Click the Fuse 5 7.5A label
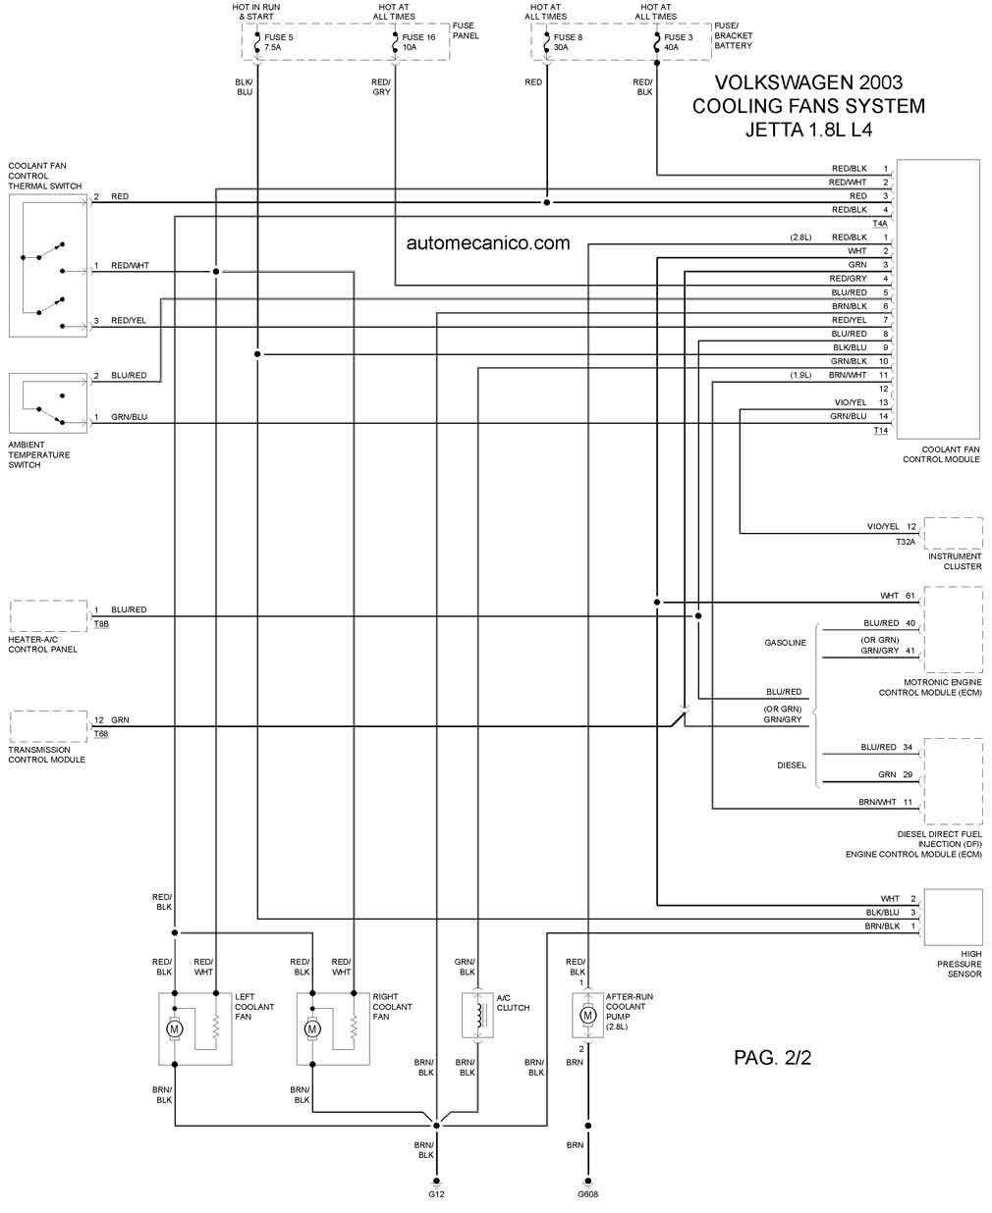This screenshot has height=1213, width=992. click(x=279, y=42)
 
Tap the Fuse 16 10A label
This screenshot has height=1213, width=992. click(x=418, y=42)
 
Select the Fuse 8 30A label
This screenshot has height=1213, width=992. click(x=568, y=42)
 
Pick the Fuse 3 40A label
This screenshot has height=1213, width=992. click(x=678, y=42)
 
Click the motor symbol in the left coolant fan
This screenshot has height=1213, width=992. click(x=175, y=1028)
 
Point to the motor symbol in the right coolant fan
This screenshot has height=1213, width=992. click(x=312, y=1028)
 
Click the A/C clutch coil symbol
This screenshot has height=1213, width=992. click(x=478, y=1015)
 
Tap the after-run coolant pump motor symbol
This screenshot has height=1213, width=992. click(x=587, y=1015)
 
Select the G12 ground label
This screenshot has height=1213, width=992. click(x=436, y=1194)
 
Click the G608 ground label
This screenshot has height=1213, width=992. click(x=587, y=1194)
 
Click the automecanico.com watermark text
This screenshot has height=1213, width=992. click(x=488, y=242)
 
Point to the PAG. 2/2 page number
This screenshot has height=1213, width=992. click(x=772, y=1057)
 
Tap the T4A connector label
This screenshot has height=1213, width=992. click(x=880, y=223)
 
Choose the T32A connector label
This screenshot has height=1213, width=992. click(x=905, y=541)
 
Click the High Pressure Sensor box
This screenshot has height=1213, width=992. click(x=953, y=918)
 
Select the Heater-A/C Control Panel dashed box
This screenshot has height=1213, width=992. click(x=48, y=616)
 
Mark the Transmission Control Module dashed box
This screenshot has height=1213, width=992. click(x=48, y=726)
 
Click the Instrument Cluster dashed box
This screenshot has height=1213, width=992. click(x=953, y=533)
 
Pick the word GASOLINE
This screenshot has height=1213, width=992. click(x=785, y=643)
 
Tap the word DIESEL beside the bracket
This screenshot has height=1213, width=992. click(x=791, y=765)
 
